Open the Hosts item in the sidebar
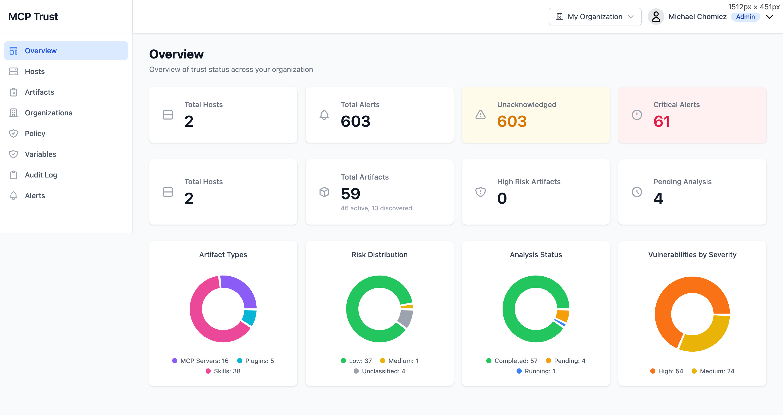pyautogui.click(x=35, y=71)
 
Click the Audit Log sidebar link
pyautogui.click(x=41, y=175)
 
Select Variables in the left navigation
pyautogui.click(x=40, y=154)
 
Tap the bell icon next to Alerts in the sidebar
pyautogui.click(x=13, y=196)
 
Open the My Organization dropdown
pyautogui.click(x=594, y=17)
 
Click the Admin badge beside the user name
pyautogui.click(x=745, y=17)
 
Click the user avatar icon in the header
pyautogui.click(x=656, y=17)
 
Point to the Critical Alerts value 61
pyautogui.click(x=662, y=121)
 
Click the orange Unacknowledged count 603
pyautogui.click(x=512, y=121)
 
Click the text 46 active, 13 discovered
pyautogui.click(x=376, y=208)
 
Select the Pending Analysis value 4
pyautogui.click(x=658, y=198)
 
